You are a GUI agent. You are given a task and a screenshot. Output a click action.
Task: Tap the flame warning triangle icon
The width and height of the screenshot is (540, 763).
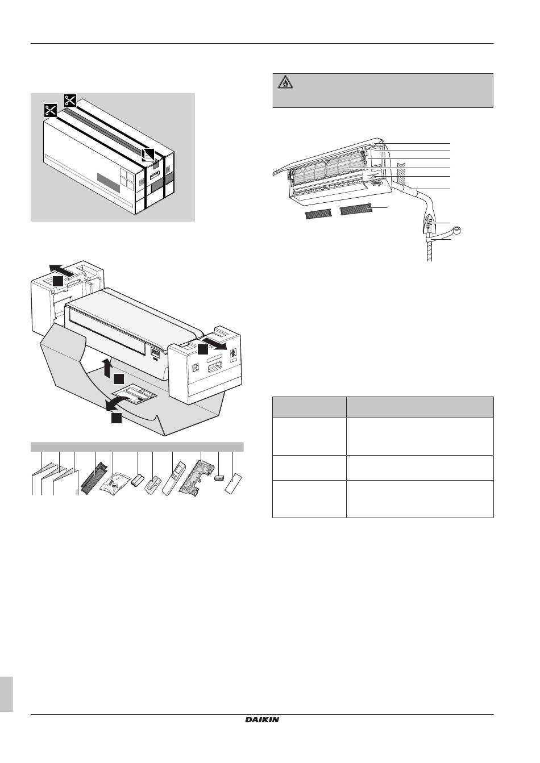[283, 83]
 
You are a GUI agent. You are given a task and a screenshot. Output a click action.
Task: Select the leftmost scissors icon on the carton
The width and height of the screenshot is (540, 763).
[51, 111]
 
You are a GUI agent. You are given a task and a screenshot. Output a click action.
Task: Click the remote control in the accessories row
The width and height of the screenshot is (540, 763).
[173, 478]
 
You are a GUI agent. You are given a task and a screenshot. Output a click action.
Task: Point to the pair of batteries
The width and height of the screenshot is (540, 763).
[138, 482]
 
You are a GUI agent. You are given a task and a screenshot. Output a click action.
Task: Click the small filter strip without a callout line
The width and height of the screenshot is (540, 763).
[318, 214]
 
